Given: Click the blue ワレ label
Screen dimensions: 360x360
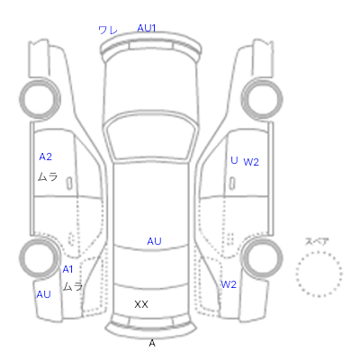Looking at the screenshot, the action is [108, 30].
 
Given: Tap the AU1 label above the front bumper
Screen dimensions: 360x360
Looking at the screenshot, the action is [147, 28].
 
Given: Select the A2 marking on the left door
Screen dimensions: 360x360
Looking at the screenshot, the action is [46, 157].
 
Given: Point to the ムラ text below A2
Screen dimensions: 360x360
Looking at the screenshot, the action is [48, 176].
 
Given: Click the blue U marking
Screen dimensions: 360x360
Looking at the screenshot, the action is [234, 160].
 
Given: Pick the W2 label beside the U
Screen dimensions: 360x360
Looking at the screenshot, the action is [251, 162].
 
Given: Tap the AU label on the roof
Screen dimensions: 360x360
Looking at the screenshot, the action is [154, 241].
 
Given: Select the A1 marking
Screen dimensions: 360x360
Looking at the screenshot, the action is [67, 269].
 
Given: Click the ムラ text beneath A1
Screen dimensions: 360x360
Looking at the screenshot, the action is [73, 286].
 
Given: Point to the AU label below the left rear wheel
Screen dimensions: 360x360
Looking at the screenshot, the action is [43, 294].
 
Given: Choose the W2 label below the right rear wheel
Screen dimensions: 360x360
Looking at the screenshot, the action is [229, 284].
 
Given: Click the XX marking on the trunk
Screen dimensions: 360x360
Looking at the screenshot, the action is [141, 304].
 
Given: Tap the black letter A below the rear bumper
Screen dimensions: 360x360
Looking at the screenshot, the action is [152, 343].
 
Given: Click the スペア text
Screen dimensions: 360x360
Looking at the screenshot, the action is [317, 241].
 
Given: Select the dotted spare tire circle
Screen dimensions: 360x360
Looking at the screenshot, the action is [319, 252].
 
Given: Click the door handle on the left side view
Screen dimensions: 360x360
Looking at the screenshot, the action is [69, 183].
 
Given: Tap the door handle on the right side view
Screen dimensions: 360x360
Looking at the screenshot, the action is [232, 183].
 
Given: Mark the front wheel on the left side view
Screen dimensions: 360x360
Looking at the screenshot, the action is [40, 98].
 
